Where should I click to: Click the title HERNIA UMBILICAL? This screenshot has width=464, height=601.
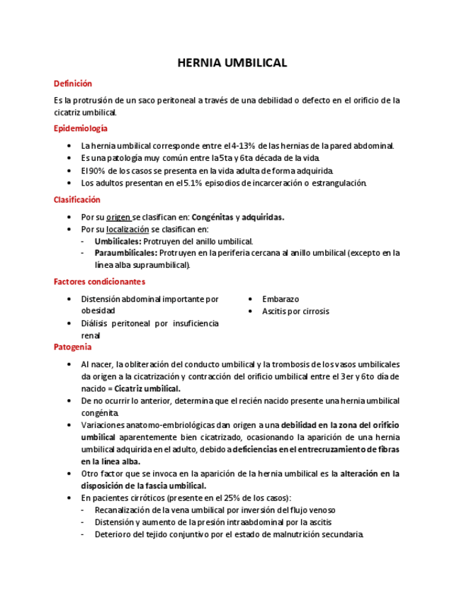(232, 63)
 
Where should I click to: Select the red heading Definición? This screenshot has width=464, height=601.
(73, 84)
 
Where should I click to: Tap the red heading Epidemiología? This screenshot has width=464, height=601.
(81, 128)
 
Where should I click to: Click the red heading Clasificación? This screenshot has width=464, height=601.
(77, 200)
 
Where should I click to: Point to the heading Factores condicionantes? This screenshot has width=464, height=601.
(99, 281)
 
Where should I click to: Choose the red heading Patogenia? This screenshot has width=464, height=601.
(73, 347)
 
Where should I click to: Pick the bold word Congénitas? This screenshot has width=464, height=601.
(212, 218)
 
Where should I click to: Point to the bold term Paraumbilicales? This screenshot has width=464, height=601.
(126, 253)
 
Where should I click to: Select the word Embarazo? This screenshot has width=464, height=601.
(281, 299)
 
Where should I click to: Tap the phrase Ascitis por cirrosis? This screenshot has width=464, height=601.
(295, 311)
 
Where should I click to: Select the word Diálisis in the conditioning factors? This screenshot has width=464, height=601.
(96, 323)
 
